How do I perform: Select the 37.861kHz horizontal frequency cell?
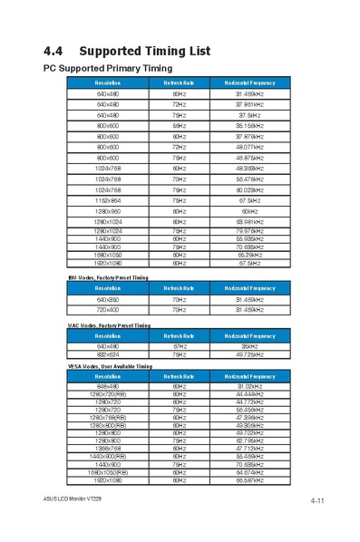click(249, 104)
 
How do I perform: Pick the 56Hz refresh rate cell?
click(180, 126)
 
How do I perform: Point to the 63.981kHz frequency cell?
click(249, 221)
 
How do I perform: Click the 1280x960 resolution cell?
click(108, 210)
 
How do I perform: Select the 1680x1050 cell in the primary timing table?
click(108, 255)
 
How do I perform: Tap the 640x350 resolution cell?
click(108, 299)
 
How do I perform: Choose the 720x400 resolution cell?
click(108, 310)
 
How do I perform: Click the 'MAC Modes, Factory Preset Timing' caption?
click(109, 324)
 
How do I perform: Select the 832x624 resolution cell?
click(108, 354)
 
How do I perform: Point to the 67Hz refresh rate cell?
click(180, 345)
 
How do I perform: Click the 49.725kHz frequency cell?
click(249, 354)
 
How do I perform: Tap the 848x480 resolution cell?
click(108, 386)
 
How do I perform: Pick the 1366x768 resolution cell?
click(108, 448)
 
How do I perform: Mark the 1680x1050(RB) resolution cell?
click(108, 471)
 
